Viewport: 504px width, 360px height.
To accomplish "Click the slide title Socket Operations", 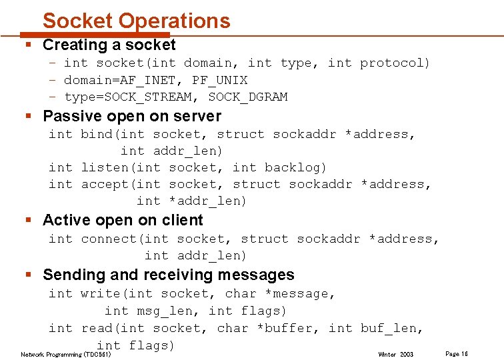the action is tap(136, 21).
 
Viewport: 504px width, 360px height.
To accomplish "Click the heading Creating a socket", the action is tap(109, 45).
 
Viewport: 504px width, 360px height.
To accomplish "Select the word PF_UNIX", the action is tap(219, 80).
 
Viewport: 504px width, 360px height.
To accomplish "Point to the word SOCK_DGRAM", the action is tap(247, 97).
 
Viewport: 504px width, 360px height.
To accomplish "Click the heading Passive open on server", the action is tap(131, 116).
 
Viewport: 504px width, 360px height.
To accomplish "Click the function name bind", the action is tap(97, 134).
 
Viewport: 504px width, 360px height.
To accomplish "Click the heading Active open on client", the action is tap(123, 220).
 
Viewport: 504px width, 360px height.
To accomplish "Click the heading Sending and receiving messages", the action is tap(168, 275).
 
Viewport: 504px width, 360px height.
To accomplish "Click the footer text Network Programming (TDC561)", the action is tap(63, 354).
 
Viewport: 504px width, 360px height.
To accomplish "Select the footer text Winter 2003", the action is tap(395, 354).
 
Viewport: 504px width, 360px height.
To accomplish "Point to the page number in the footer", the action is tap(456, 353).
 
